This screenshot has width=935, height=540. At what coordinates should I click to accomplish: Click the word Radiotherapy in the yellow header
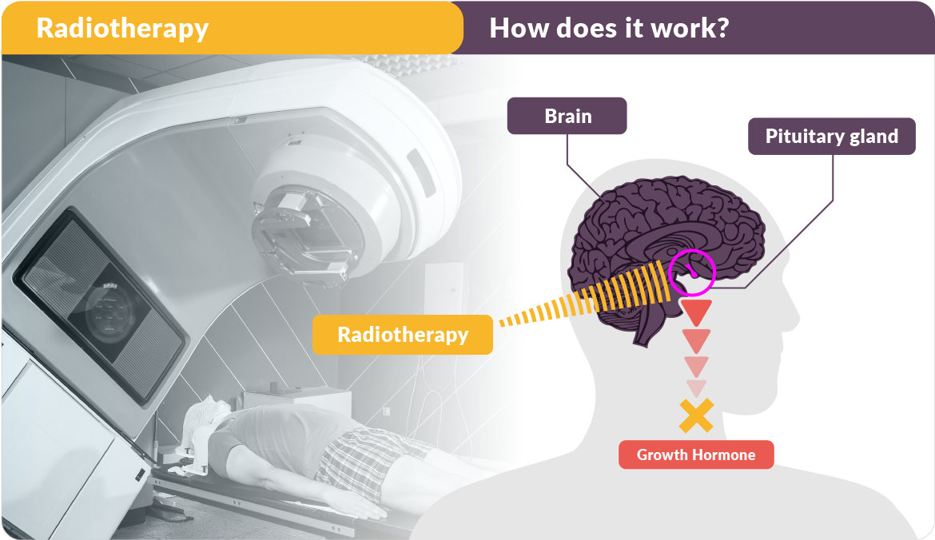tap(122, 29)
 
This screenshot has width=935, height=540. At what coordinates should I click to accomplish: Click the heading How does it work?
tap(609, 28)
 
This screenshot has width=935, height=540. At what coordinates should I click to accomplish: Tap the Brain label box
tap(567, 116)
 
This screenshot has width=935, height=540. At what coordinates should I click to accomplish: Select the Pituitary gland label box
tap(832, 137)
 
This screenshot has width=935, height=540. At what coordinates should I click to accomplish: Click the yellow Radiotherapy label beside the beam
tap(403, 335)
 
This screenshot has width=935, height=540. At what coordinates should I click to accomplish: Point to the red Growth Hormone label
tap(696, 455)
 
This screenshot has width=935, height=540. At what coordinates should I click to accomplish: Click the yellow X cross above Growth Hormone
tap(697, 415)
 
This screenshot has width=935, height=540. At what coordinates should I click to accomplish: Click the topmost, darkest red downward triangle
tap(697, 311)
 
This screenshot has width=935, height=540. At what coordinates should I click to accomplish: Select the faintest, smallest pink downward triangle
tap(697, 387)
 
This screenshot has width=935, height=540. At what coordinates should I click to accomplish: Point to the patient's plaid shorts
tap(364, 459)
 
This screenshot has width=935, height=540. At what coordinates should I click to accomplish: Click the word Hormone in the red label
tap(724, 455)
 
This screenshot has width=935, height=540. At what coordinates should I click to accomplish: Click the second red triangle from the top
tap(697, 339)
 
